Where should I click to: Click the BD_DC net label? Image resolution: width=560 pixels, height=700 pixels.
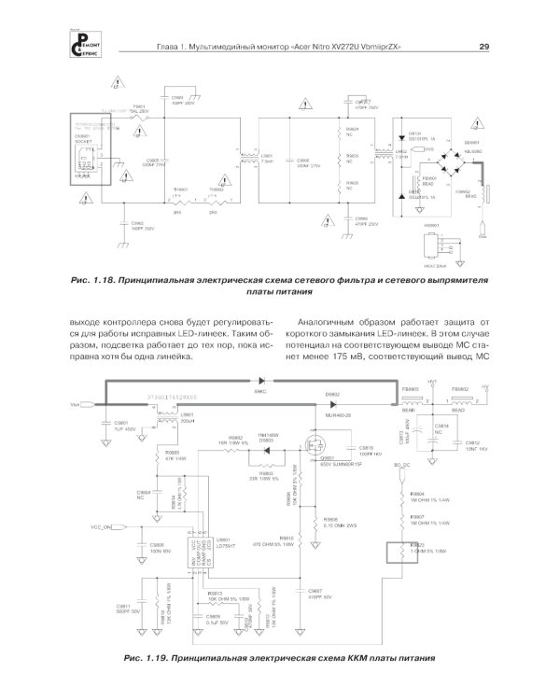[402, 464]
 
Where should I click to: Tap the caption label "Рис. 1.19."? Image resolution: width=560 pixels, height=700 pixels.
[147, 659]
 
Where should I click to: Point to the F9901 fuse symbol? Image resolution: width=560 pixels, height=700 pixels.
[139, 119]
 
